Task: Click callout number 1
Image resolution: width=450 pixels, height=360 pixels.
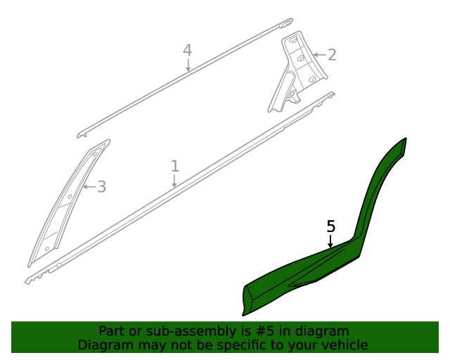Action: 175,166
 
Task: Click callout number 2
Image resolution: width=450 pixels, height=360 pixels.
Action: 332,55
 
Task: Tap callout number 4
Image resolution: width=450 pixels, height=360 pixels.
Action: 187,50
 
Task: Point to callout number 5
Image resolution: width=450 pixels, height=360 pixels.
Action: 331,226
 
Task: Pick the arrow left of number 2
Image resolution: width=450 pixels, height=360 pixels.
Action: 318,55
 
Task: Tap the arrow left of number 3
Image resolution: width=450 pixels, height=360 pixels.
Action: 87,187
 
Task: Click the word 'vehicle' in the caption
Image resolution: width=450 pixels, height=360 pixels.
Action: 343,345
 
